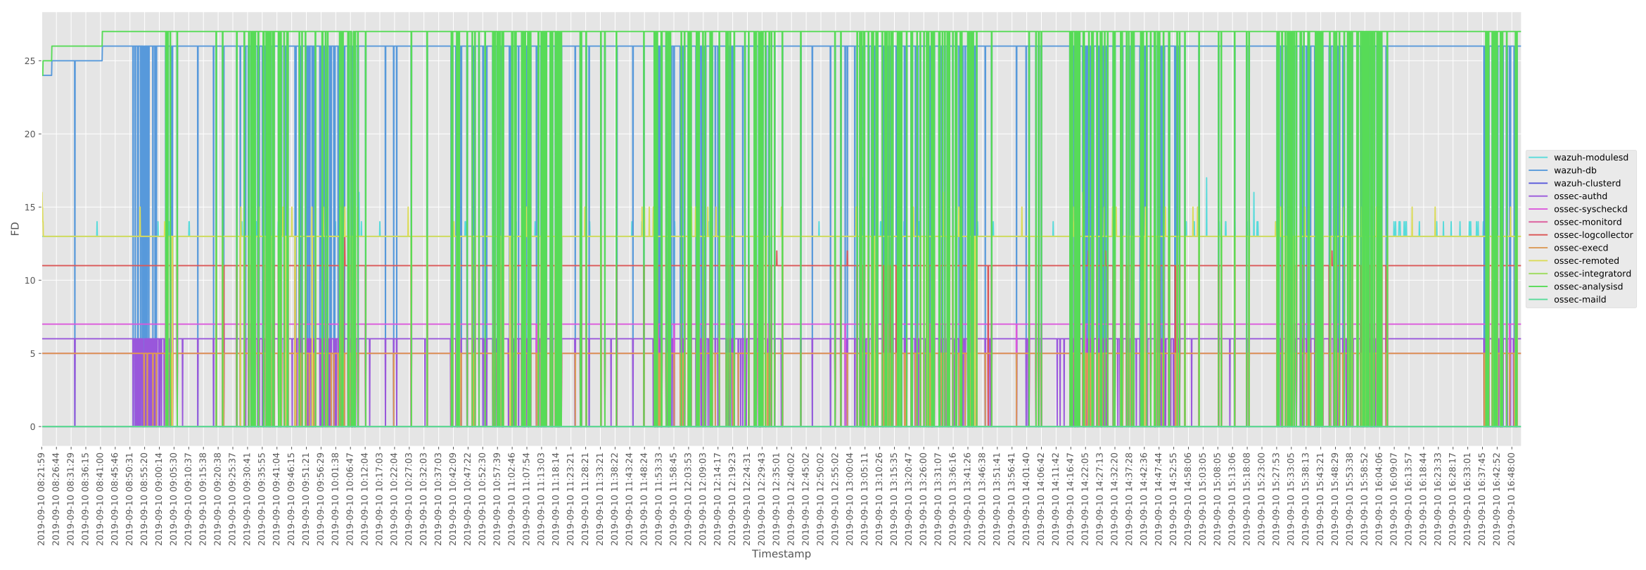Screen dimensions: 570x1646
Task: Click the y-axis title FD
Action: [x=15, y=229]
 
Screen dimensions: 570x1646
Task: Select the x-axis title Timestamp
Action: [x=781, y=554]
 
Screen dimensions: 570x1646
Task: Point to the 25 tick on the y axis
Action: [x=30, y=61]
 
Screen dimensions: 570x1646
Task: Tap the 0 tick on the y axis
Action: [x=32, y=427]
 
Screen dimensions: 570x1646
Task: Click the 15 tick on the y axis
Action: [x=30, y=208]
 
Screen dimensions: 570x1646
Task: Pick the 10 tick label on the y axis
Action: [x=30, y=281]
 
